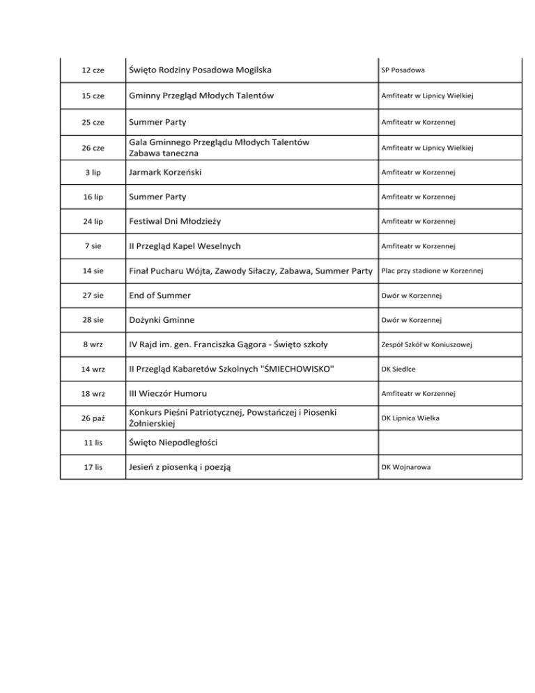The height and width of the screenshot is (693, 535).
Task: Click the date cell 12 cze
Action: tap(93, 71)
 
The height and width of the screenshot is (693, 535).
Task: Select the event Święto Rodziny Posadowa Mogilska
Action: tap(199, 70)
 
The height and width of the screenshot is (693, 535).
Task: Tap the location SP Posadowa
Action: tap(403, 71)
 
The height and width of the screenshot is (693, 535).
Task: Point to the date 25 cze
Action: tap(93, 122)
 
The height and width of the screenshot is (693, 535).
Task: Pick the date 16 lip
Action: tap(93, 197)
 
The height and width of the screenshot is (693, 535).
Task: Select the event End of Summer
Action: tap(159, 296)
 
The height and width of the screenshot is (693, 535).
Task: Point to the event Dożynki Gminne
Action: tap(162, 320)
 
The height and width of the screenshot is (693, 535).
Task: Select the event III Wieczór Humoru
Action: tap(167, 394)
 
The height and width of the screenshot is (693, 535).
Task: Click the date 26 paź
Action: tap(93, 418)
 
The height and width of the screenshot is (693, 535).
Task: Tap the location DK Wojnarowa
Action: tap(405, 468)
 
